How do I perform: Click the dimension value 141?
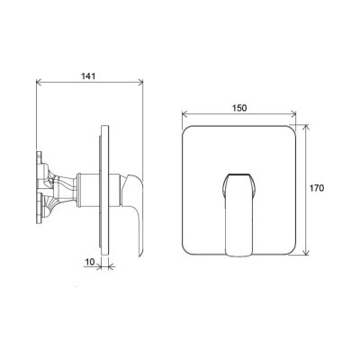click(88, 76)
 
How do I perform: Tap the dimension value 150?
click(239, 108)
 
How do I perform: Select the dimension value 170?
click(317, 188)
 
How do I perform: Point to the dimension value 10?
click(90, 262)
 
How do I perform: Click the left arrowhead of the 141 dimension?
click(39, 82)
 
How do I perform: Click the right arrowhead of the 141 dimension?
click(140, 82)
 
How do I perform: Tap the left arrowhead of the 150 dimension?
click(185, 113)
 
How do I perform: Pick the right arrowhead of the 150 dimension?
click(293, 113)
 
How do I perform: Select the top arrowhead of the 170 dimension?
click(306, 127)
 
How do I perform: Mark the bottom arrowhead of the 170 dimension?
click(306, 252)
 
